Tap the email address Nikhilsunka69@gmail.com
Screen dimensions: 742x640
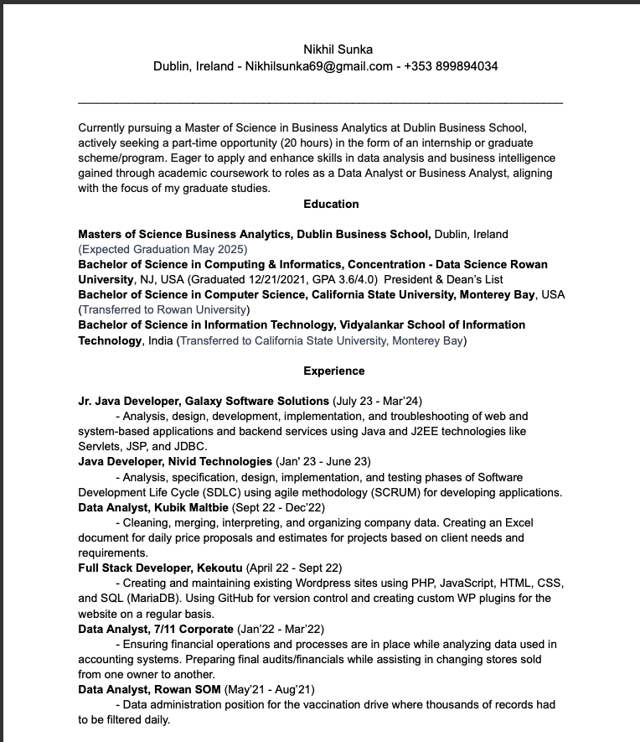pyautogui.click(x=319, y=66)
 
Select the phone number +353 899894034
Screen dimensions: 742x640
pyautogui.click(x=451, y=66)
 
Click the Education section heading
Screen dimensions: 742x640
pyautogui.click(x=331, y=204)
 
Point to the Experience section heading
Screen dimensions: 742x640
pyautogui.click(x=334, y=371)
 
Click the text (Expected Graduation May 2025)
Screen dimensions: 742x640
pyautogui.click(x=163, y=249)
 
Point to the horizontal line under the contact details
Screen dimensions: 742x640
pyautogui.click(x=319, y=102)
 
